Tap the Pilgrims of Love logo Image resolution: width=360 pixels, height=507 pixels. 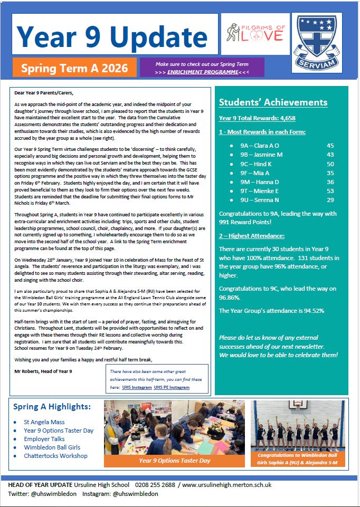[255, 34]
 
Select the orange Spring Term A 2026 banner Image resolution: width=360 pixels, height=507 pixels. [74, 68]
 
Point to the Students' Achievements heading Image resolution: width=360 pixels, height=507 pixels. [273, 102]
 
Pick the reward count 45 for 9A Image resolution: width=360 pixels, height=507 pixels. [330, 145]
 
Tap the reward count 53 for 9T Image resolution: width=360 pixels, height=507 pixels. [330, 190]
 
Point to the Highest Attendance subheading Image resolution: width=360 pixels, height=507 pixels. [252, 235]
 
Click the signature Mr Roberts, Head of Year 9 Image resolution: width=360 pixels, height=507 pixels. [43, 372]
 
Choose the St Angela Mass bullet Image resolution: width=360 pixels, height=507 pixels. [44, 422]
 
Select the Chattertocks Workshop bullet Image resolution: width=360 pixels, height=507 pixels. [55, 455]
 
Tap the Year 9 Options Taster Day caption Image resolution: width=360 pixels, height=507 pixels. [174, 461]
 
